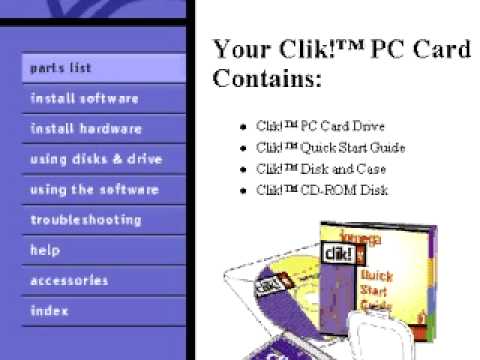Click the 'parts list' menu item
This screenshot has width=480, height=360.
(61, 68)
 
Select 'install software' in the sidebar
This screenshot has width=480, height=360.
(84, 99)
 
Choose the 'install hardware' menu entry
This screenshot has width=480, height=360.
(86, 129)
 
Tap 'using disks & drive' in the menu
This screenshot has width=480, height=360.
(96, 159)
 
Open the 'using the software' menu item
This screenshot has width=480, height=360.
(94, 189)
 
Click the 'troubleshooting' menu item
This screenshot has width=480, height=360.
(86, 220)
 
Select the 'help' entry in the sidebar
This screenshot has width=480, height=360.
(45, 250)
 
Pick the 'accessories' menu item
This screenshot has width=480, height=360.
(69, 281)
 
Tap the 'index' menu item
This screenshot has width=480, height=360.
(49, 311)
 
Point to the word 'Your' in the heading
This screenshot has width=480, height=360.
(241, 49)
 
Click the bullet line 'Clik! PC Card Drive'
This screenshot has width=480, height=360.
(306, 127)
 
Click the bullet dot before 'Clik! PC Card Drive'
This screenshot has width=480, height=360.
(243, 128)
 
